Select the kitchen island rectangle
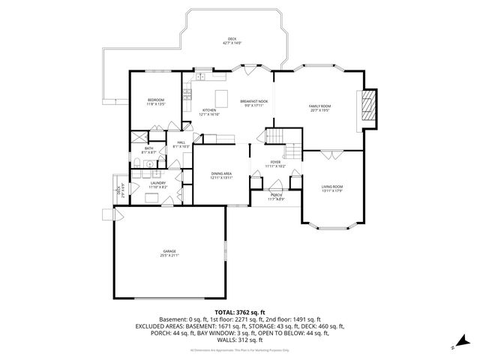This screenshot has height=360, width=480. tap(222, 97)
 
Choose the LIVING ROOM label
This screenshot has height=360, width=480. tap(332, 187)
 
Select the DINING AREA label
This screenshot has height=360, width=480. tap(220, 175)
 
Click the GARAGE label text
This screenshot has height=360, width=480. tap(169, 253)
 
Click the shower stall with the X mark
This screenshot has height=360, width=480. tap(139, 138)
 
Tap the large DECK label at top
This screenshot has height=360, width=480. tap(232, 40)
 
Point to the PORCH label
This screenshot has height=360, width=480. tap(275, 197)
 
